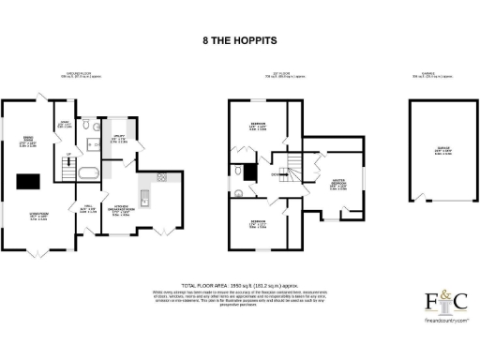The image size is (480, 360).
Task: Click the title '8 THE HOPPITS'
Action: [239, 41]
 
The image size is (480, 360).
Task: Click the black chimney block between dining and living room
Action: [29, 181]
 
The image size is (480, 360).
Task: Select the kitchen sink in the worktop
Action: [144, 198]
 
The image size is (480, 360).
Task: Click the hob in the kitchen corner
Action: [161, 176]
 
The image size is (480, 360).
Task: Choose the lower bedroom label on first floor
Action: [257, 225]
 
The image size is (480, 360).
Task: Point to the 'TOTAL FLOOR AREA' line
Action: [239, 282]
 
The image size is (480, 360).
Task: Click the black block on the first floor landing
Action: [248, 172]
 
